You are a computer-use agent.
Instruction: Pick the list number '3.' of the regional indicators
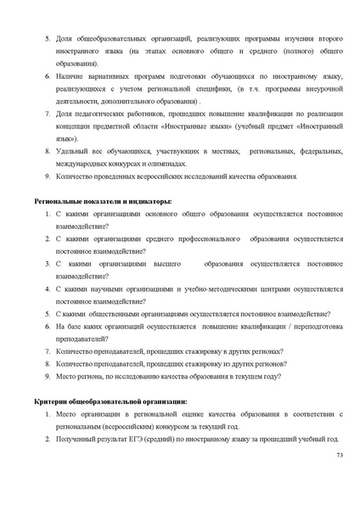coord(48,264)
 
